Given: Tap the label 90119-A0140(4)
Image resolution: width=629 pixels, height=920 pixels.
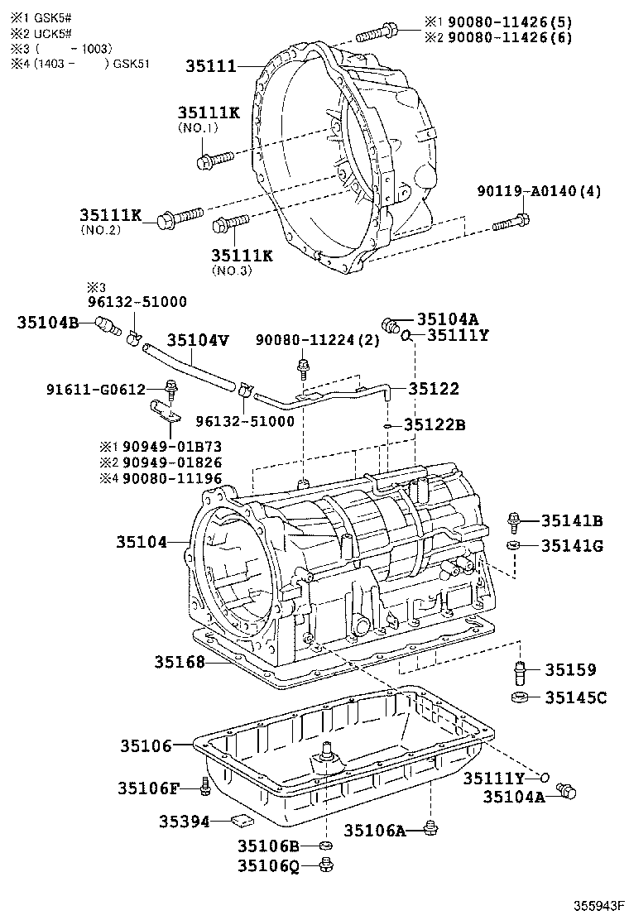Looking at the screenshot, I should pyautogui.click(x=539, y=192).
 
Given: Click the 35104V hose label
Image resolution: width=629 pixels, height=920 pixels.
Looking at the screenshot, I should pyautogui.click(x=198, y=340).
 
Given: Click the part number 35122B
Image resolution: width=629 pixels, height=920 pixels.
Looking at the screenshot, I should pyautogui.click(x=435, y=425).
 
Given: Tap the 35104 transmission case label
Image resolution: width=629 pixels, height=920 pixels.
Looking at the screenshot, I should pyautogui.click(x=142, y=542).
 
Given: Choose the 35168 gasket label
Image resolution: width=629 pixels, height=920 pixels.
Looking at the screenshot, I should pyautogui.click(x=180, y=662).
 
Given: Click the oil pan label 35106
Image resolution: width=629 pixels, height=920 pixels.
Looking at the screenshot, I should pyautogui.click(x=143, y=745).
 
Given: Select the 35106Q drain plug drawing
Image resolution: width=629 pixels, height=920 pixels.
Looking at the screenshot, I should pyautogui.click(x=326, y=865).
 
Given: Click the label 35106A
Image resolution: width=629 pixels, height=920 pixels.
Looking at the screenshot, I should pyautogui.click(x=374, y=831).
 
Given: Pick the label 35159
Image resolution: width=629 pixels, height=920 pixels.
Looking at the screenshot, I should pyautogui.click(x=570, y=670).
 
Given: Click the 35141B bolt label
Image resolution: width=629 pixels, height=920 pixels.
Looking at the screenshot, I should pyautogui.click(x=572, y=520).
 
